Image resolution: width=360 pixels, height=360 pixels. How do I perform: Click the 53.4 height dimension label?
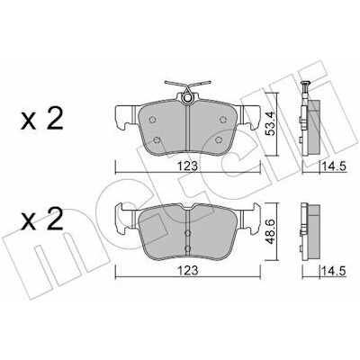click(x=271, y=124)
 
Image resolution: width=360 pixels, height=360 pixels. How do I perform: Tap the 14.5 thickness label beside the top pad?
click(x=334, y=166)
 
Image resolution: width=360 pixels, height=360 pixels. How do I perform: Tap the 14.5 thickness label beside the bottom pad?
click(x=334, y=272)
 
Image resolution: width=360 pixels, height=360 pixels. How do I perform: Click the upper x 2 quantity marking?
click(x=42, y=119)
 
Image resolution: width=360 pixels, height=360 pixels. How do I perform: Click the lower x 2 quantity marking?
click(x=42, y=220)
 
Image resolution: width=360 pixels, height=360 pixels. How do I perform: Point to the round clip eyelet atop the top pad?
click(x=188, y=97)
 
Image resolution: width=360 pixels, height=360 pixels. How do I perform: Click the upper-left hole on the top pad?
click(x=152, y=120)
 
